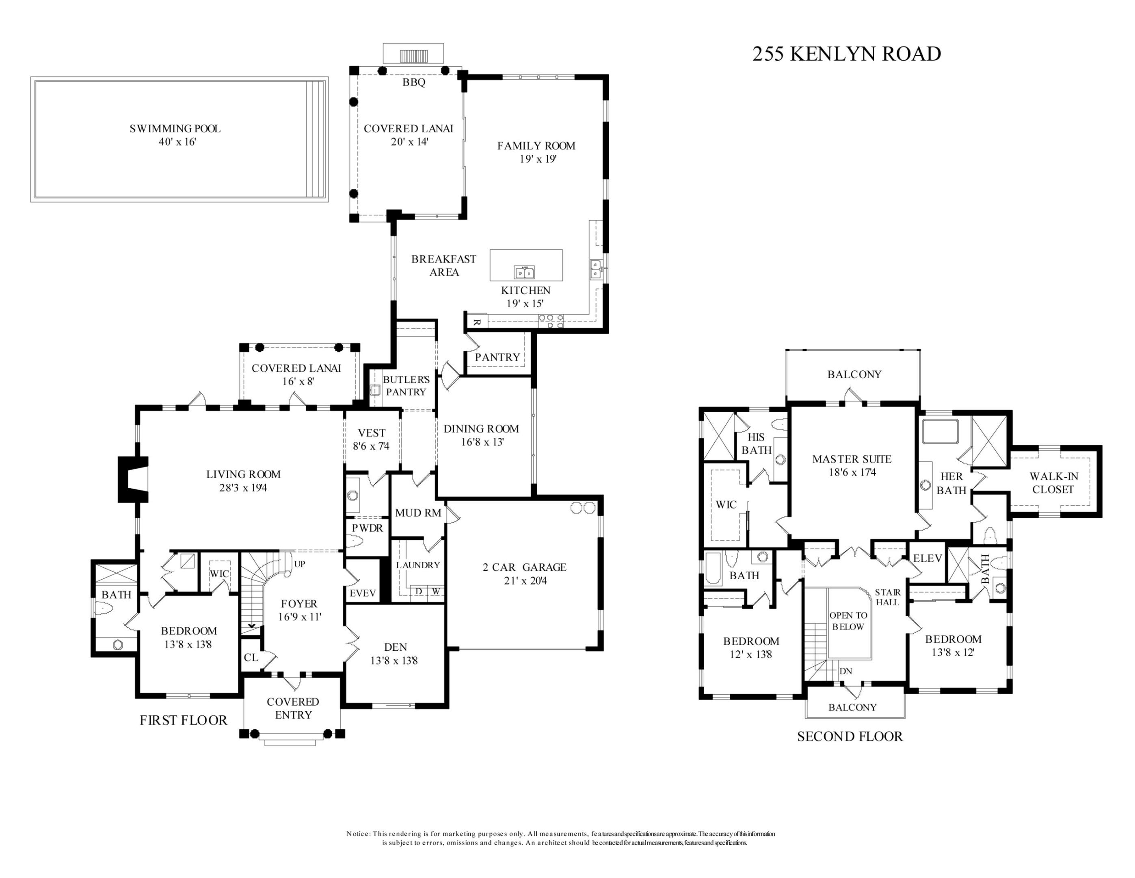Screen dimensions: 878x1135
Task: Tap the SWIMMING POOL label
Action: (175, 128)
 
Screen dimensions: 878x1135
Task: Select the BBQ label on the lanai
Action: (414, 82)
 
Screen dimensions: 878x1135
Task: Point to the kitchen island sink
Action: (524, 272)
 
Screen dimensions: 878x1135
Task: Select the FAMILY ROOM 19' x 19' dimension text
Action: (537, 159)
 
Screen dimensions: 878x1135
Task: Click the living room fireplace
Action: (132, 479)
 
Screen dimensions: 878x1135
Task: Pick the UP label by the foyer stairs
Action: (300, 564)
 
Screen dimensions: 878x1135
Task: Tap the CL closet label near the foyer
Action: (251, 657)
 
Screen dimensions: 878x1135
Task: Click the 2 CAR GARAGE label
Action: (524, 567)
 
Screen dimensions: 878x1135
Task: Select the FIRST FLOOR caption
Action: (184, 720)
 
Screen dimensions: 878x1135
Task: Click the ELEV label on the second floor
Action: (927, 558)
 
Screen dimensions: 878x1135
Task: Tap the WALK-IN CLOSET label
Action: (1053, 482)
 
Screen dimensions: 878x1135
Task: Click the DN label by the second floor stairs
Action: (845, 671)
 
